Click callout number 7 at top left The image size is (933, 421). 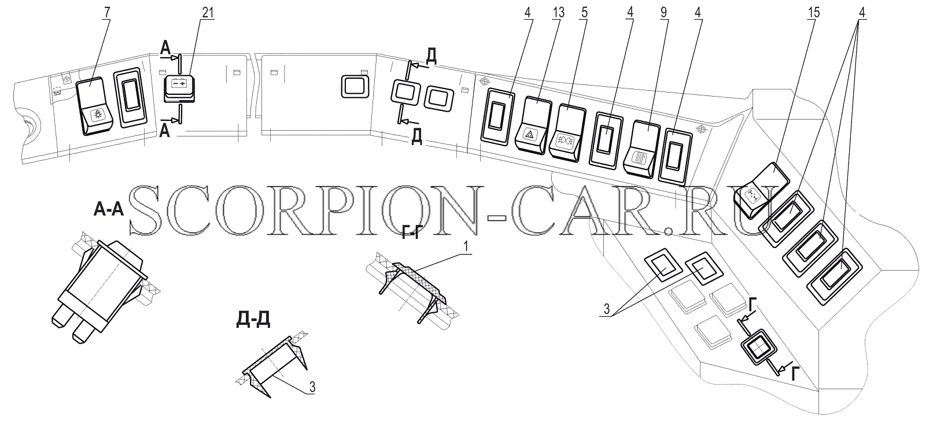tap(107, 12)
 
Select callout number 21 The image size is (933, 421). tap(208, 12)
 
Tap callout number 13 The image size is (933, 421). tap(558, 13)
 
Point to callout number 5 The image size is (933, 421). tap(584, 13)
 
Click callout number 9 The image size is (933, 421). tap(663, 13)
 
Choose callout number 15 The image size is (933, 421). tap(813, 13)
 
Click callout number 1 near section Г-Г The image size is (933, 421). tap(466, 247)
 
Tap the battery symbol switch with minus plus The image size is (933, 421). tap(179, 88)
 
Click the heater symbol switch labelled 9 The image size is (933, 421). tap(641, 150)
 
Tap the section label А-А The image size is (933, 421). tap(109, 209)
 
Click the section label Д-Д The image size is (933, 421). tap(253, 319)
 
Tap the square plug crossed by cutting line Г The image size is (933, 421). tap(758, 347)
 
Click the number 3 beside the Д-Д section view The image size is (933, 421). tap(312, 387)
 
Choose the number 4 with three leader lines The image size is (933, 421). tap(862, 13)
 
